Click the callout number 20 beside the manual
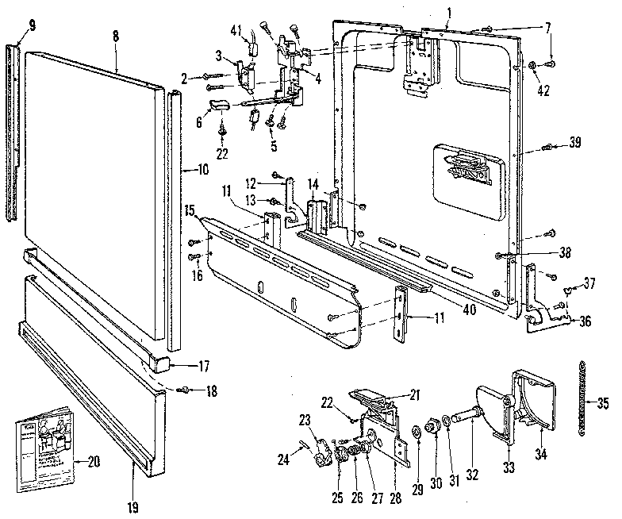click(93, 460)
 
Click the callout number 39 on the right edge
click(575, 143)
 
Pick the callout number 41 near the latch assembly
click(236, 29)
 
